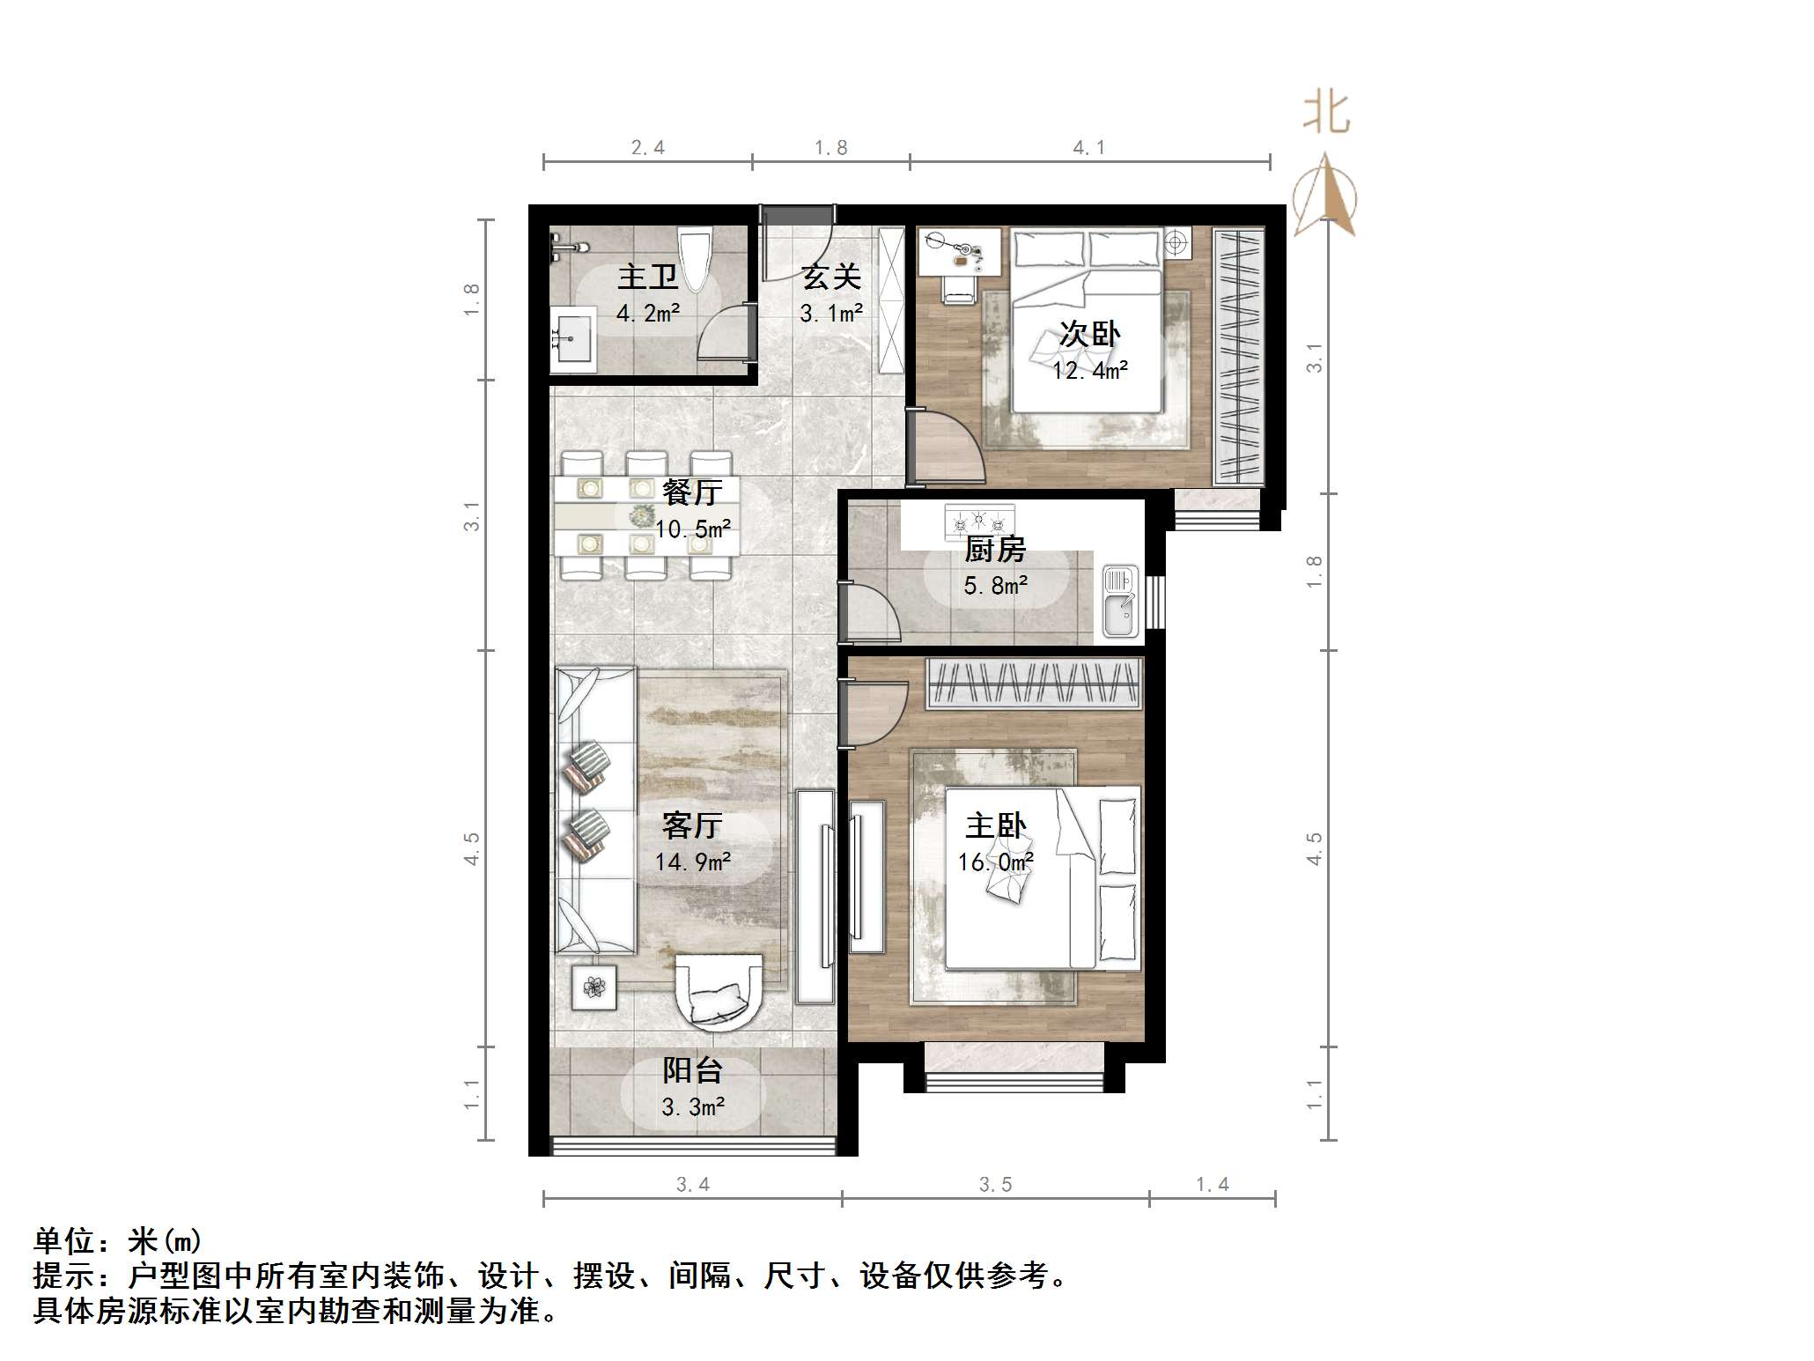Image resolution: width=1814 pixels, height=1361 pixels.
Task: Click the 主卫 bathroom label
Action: coord(647,277)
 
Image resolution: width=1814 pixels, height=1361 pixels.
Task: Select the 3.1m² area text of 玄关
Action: coord(830,313)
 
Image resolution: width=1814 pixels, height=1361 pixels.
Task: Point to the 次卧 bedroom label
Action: coord(1089,334)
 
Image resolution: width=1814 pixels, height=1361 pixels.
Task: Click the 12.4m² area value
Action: coord(1089,371)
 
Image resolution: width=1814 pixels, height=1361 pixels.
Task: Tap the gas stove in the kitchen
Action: coord(979,521)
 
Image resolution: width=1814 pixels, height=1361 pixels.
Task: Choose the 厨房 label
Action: coord(995,549)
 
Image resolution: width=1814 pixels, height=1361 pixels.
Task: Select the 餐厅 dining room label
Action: coord(692,492)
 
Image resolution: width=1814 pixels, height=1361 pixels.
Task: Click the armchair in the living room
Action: coord(719,992)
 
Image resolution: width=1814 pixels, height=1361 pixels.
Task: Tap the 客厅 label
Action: coord(692,825)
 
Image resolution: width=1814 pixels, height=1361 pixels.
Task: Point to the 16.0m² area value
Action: coord(995,862)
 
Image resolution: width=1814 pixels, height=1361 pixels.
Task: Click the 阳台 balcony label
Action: coord(692,1070)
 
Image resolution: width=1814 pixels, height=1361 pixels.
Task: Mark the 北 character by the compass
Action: coord(1326,114)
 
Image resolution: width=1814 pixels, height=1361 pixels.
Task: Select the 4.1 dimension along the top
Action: coord(1089,148)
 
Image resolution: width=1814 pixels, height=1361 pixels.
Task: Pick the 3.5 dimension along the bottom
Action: coord(995,1185)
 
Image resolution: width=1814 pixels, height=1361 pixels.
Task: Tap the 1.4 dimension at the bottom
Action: coord(1212,1185)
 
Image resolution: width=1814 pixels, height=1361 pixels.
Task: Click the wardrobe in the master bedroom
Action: coord(1035,684)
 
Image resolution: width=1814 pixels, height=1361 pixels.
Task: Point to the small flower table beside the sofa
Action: coord(594,987)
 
